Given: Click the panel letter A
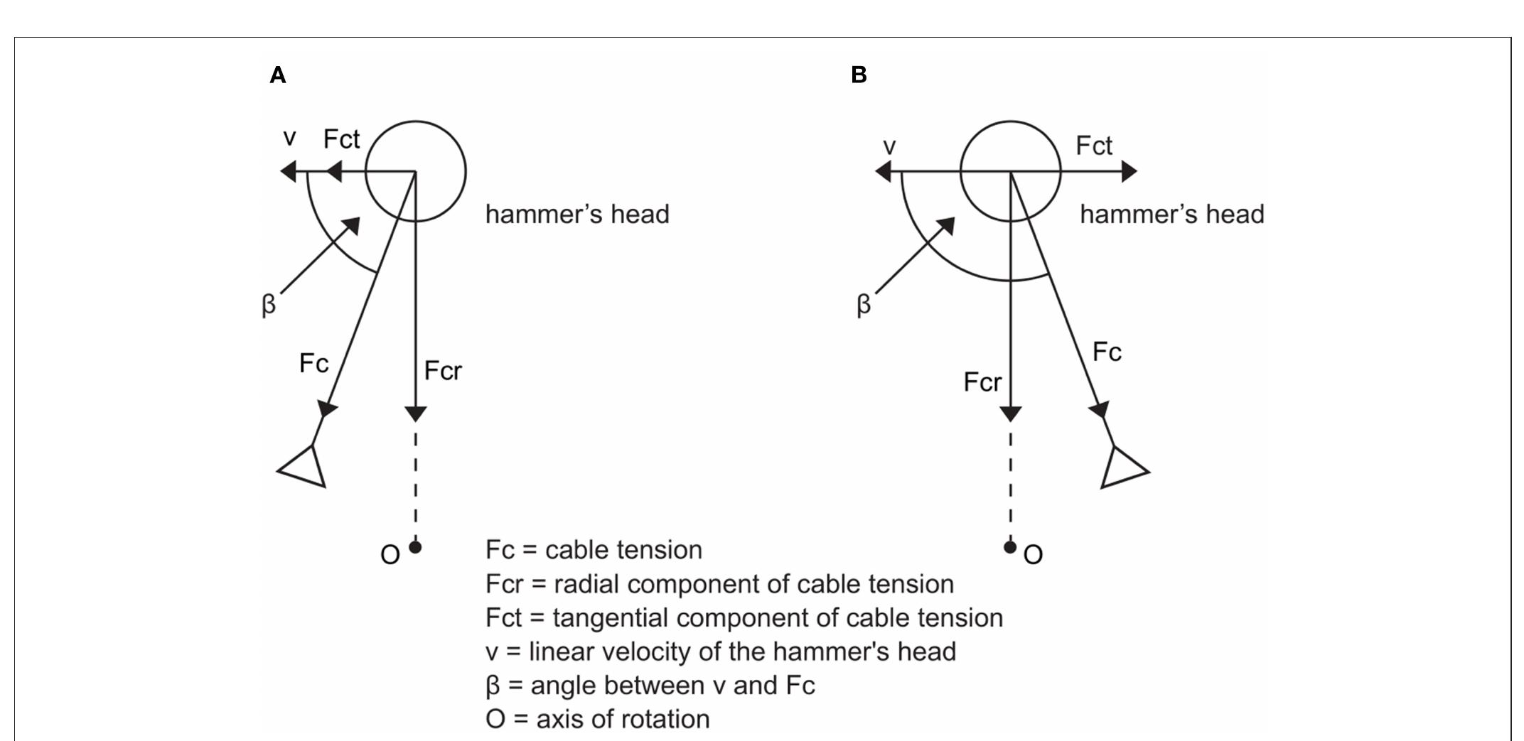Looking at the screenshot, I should point(278,75).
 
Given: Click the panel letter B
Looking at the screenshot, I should point(859,75).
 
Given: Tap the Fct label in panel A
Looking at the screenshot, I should point(341,139).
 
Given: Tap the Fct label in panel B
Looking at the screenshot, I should point(1093,146).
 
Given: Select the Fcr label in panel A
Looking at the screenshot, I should point(443,371).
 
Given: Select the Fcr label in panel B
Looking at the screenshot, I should point(982,382).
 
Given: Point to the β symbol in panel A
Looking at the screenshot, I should point(268,305).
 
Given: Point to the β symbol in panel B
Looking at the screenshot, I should point(863,305).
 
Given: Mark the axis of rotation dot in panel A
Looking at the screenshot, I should point(416,547).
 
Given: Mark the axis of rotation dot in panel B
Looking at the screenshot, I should point(1010,547).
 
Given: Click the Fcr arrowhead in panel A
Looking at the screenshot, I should point(416,413).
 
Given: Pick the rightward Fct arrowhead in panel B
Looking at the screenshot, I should point(1129,171).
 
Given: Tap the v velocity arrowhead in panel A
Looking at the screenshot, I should point(288,171).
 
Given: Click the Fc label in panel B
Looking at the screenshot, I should point(1107,352).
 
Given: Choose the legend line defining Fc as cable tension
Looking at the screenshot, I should point(594,550).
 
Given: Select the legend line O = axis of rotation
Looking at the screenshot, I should point(597,719).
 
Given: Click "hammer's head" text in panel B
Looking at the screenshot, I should point(1171,215).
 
